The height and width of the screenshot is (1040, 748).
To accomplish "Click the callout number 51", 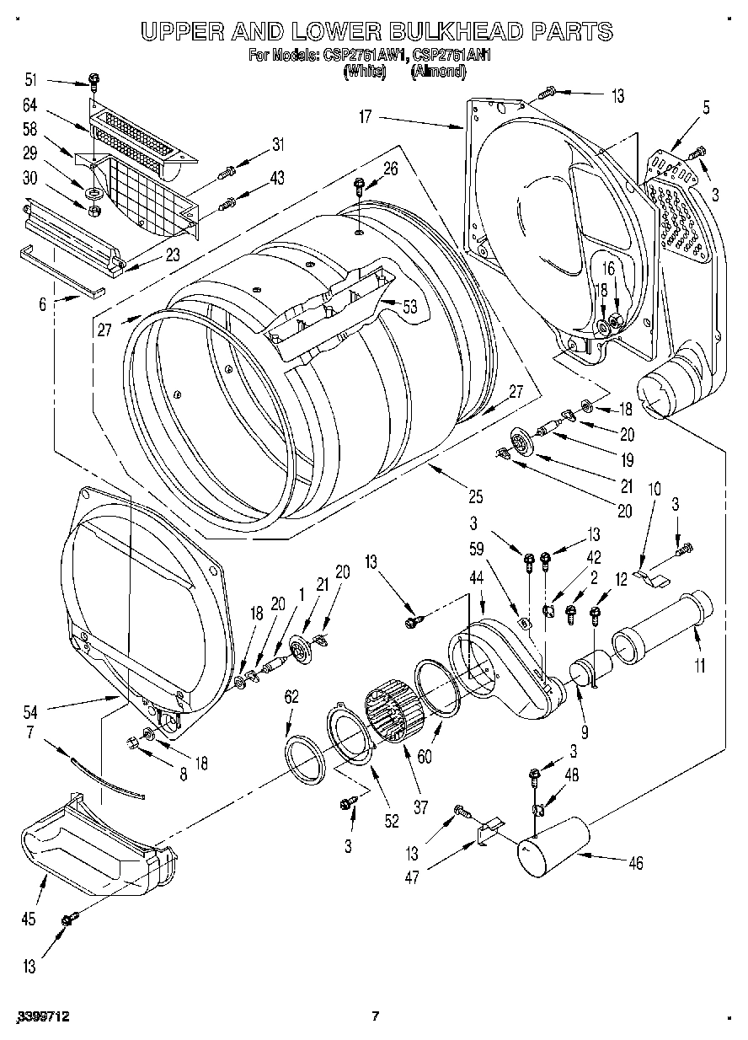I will [x=30, y=80].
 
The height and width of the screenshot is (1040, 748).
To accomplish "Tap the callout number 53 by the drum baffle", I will [x=410, y=308].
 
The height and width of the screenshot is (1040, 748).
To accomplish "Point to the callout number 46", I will [x=636, y=862].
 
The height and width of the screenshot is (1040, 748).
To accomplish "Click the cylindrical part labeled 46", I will [x=552, y=845].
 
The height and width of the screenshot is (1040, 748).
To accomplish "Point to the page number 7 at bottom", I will [x=376, y=1016].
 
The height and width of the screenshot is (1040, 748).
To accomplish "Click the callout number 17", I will [x=365, y=117].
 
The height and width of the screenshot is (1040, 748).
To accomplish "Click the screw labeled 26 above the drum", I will [x=360, y=184].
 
